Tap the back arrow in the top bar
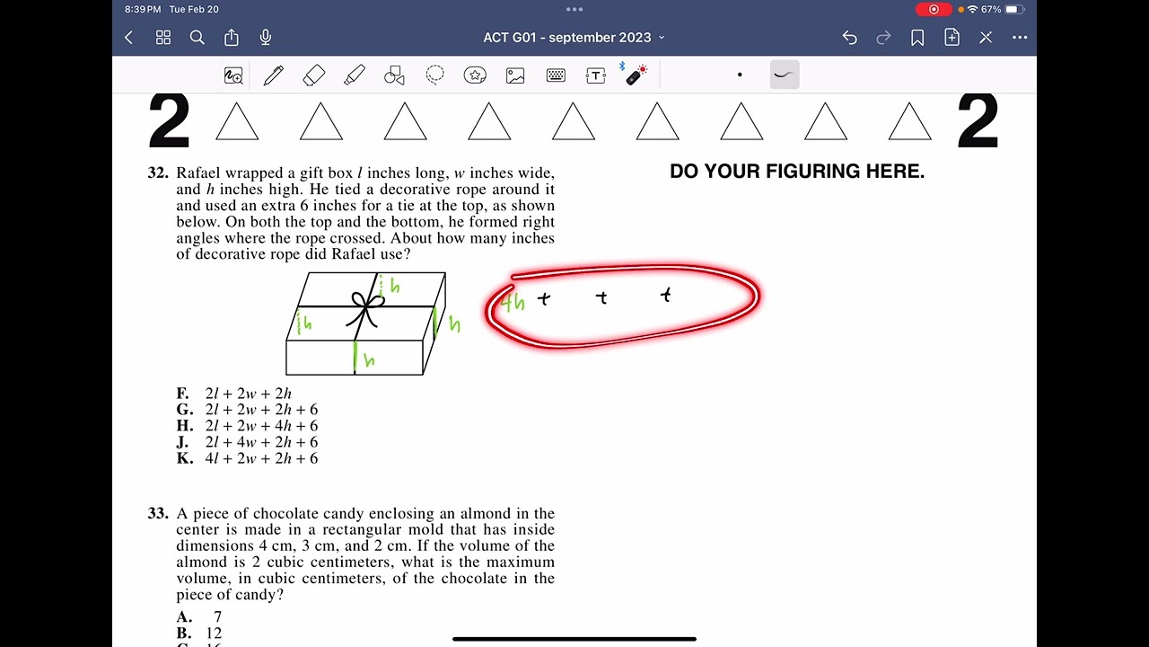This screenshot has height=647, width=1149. (129, 38)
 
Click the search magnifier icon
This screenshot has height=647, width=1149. (197, 38)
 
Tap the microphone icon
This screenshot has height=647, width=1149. (266, 38)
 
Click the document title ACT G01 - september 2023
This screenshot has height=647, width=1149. (567, 38)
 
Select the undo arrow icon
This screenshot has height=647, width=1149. (849, 38)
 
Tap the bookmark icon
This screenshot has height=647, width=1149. (917, 38)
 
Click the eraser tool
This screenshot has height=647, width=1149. (314, 75)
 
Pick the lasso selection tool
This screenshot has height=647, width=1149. (435, 75)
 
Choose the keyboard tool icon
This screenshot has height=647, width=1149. (556, 75)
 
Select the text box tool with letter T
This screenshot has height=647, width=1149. (596, 75)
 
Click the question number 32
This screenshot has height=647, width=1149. (158, 173)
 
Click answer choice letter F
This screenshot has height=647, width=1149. (182, 394)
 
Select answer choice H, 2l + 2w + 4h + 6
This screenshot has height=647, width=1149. (260, 426)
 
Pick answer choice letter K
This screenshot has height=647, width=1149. (184, 458)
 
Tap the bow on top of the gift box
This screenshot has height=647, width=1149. (365, 306)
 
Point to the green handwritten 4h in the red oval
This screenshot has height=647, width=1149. (513, 303)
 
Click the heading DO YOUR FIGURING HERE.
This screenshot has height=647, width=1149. (797, 172)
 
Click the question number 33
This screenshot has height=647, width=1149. (158, 513)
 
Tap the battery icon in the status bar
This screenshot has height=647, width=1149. (1014, 9)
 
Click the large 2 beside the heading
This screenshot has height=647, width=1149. (169, 121)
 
